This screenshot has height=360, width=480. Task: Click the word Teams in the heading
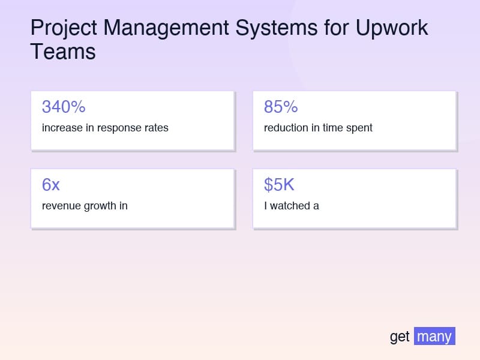point(63,52)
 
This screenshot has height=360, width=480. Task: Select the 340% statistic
point(64,107)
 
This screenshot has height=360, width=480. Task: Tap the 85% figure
point(281,107)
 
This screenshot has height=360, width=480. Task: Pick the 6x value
point(51,185)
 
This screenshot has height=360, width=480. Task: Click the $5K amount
point(279,185)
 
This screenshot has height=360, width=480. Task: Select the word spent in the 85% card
point(359,128)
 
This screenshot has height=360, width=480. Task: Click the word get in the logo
point(400,337)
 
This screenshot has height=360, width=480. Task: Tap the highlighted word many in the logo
point(434,337)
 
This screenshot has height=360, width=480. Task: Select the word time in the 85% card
point(332,128)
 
